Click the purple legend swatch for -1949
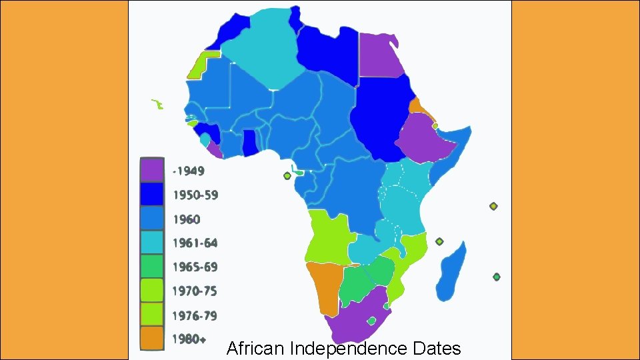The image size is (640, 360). coord(151,169)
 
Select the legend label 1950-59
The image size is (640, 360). coord(195,195)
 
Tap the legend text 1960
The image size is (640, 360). coord(187,219)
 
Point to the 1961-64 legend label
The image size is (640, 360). coord(195,243)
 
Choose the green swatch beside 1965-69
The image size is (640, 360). coord(151,266)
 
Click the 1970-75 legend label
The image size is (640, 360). coord(195,291)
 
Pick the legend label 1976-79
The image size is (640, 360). coord(195,315)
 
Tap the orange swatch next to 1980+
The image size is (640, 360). coord(151,338)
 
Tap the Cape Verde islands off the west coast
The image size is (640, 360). coord(157,104)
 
